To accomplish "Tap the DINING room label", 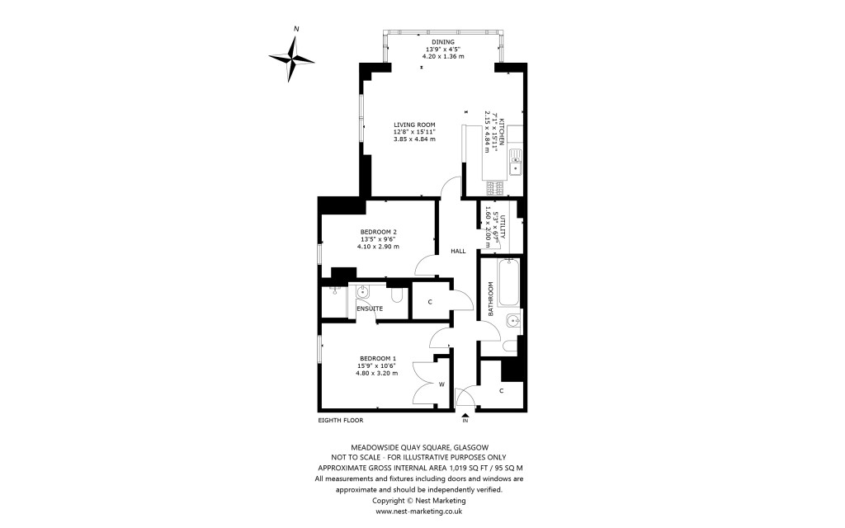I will click(442, 42).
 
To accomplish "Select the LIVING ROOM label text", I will click(414, 125).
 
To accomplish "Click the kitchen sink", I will click(515, 163).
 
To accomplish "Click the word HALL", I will click(458, 251).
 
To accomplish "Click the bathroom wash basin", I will click(512, 320).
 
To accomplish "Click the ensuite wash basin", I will click(363, 291).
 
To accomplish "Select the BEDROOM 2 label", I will click(379, 232).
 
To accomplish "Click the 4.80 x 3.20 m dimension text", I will click(376, 373).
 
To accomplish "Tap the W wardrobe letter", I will click(441, 384).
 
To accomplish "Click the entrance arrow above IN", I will click(465, 414).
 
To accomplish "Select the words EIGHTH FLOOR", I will click(341, 421).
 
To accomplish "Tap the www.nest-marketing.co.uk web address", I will click(418, 511).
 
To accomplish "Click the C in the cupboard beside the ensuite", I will click(430, 302).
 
